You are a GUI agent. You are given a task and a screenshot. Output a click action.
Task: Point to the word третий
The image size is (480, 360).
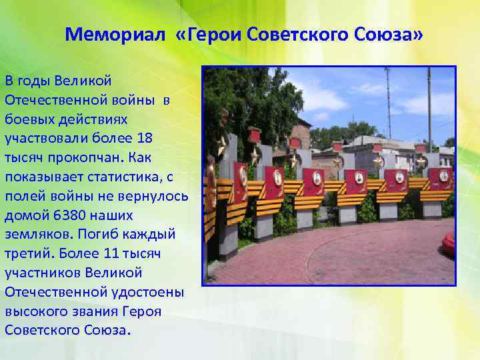tap(27, 254)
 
